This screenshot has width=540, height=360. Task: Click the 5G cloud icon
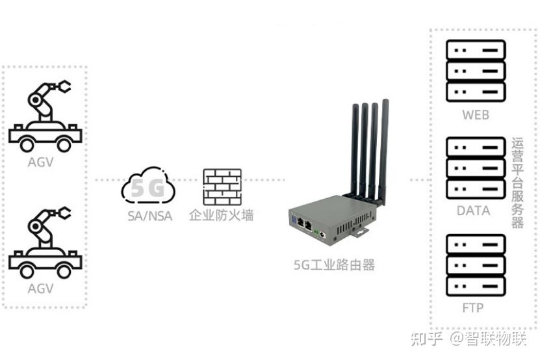click(x=148, y=186)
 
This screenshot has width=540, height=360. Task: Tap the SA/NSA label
click(x=150, y=216)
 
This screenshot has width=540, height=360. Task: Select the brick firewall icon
click(x=222, y=187)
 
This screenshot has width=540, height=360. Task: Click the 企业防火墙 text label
click(x=221, y=215)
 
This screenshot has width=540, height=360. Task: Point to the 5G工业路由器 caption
click(x=334, y=265)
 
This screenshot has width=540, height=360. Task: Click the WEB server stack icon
click(x=476, y=71)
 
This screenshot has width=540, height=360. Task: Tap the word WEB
click(x=476, y=115)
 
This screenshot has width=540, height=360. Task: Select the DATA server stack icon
click(x=476, y=168)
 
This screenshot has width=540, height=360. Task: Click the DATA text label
click(x=473, y=211)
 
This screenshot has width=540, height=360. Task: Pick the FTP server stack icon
click(x=476, y=265)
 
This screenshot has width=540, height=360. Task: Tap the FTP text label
click(x=473, y=307)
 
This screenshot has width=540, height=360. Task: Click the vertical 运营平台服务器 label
click(x=517, y=183)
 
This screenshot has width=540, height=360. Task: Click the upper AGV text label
click(x=41, y=162)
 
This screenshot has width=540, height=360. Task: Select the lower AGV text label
click(x=41, y=289)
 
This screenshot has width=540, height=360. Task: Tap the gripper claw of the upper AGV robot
click(x=63, y=86)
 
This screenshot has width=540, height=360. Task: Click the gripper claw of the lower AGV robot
click(x=63, y=212)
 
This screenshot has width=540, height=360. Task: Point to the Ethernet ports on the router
click(x=304, y=225)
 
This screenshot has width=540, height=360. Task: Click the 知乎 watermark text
click(x=426, y=339)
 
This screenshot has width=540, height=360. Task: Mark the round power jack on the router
click(x=322, y=235)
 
